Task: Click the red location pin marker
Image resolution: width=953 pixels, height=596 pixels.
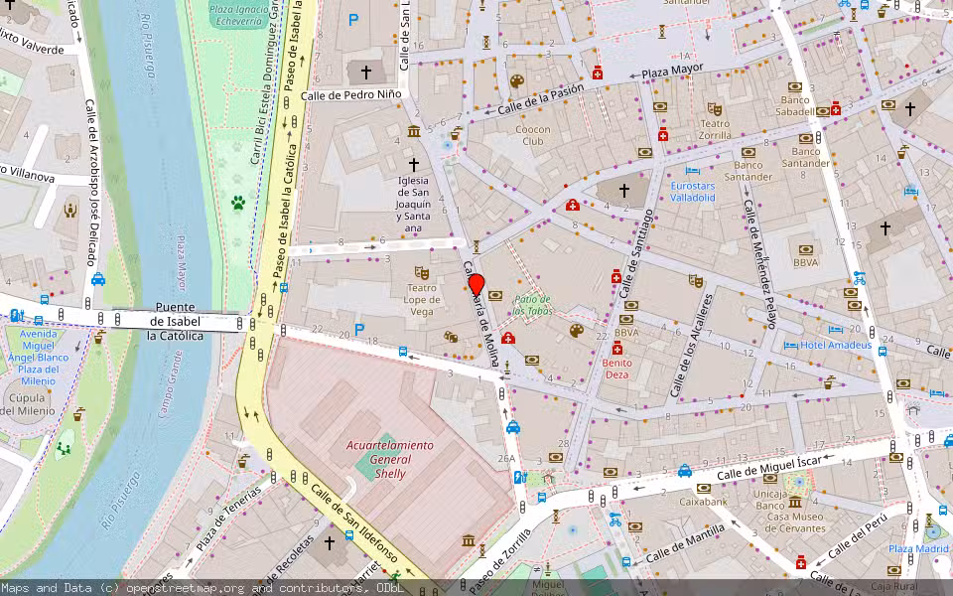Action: (476, 284)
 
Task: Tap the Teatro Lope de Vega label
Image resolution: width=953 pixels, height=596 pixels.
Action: (421, 299)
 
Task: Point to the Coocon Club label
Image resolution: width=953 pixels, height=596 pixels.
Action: (532, 135)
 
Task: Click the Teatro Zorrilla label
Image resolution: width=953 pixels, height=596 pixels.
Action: (715, 130)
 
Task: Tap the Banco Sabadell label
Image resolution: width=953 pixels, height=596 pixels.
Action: (796, 105)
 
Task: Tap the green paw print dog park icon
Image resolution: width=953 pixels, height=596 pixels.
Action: (238, 203)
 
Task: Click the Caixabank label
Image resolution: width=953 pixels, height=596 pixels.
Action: (703, 502)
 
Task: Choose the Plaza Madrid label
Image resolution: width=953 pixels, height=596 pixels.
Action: (918, 549)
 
